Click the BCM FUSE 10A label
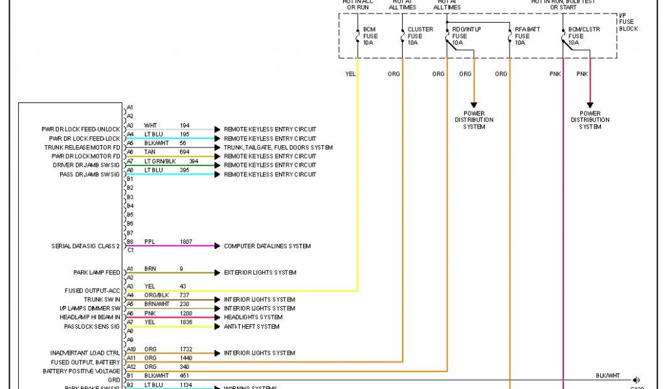369,36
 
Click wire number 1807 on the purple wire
186,241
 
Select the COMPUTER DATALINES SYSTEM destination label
267,246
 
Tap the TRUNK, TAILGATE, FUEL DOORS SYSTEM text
278,147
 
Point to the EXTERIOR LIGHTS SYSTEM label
260,273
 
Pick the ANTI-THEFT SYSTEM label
252,327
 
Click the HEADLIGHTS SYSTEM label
253,318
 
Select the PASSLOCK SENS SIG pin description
92,327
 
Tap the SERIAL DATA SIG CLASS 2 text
85,246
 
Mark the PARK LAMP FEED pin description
96,273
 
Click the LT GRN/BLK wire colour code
160,161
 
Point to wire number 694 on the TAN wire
185,152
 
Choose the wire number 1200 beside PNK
186,313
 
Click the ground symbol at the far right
637,380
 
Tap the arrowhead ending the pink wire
590,104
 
